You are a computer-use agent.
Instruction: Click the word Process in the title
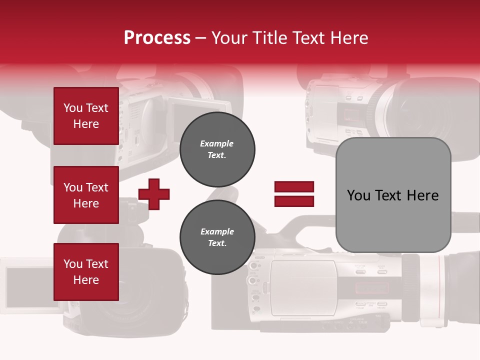pos(157,38)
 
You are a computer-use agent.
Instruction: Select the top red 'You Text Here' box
pos(86,116)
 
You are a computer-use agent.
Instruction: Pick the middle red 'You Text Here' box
pos(86,195)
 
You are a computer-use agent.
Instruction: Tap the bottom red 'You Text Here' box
pos(86,272)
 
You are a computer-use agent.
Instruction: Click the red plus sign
pos(154,194)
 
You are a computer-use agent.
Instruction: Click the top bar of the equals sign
pos(294,187)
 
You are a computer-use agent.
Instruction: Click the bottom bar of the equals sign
pos(294,201)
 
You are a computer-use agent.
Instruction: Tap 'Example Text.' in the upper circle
pos(217,149)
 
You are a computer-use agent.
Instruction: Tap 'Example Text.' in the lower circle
pos(217,237)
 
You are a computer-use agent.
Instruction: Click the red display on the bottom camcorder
pos(371,288)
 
